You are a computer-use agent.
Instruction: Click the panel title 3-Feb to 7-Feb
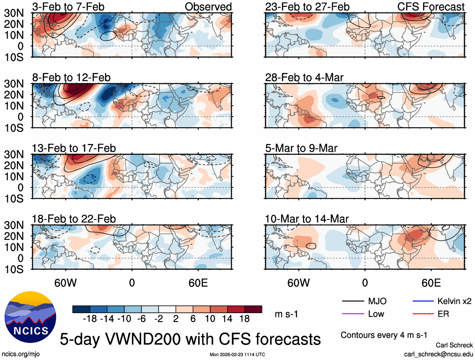69,7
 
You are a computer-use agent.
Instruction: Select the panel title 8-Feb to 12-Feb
72,77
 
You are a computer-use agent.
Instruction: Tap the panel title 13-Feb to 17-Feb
74,148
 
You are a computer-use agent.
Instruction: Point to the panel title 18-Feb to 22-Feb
74,219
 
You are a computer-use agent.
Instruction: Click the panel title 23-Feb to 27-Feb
307,7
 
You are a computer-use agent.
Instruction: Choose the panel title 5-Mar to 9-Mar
301,148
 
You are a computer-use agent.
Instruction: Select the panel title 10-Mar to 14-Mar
307,219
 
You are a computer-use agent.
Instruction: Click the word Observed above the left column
208,7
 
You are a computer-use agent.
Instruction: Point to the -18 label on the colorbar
90,319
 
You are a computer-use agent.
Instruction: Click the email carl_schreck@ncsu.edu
439,354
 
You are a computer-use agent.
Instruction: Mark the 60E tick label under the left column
198,283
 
